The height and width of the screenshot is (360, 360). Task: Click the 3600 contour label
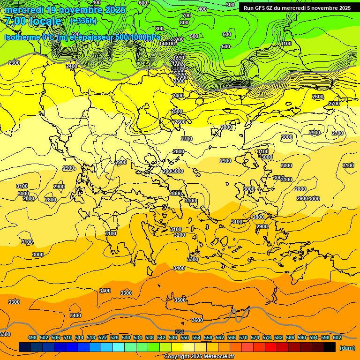tap(197, 320)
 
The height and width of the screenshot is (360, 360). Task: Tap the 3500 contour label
tap(180, 300)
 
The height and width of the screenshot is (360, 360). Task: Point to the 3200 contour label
tap(180, 235)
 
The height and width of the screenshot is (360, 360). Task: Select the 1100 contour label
tap(286, 44)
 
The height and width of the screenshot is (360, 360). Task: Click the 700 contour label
tap(187, 16)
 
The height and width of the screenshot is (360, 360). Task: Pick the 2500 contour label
tap(177, 111)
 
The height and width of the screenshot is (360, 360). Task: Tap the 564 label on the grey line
tap(180, 332)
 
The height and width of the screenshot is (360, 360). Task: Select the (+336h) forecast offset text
tap(83, 21)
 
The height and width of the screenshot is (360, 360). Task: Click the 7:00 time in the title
tap(18, 21)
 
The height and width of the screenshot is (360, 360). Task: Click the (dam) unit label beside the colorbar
tap(347, 347)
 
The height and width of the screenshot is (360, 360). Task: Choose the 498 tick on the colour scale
tap(32, 337)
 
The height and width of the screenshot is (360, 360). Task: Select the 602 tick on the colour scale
tap(337, 337)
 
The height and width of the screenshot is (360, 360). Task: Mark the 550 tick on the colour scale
tap(185, 337)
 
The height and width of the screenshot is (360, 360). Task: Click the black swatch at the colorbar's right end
tap(330, 347)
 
